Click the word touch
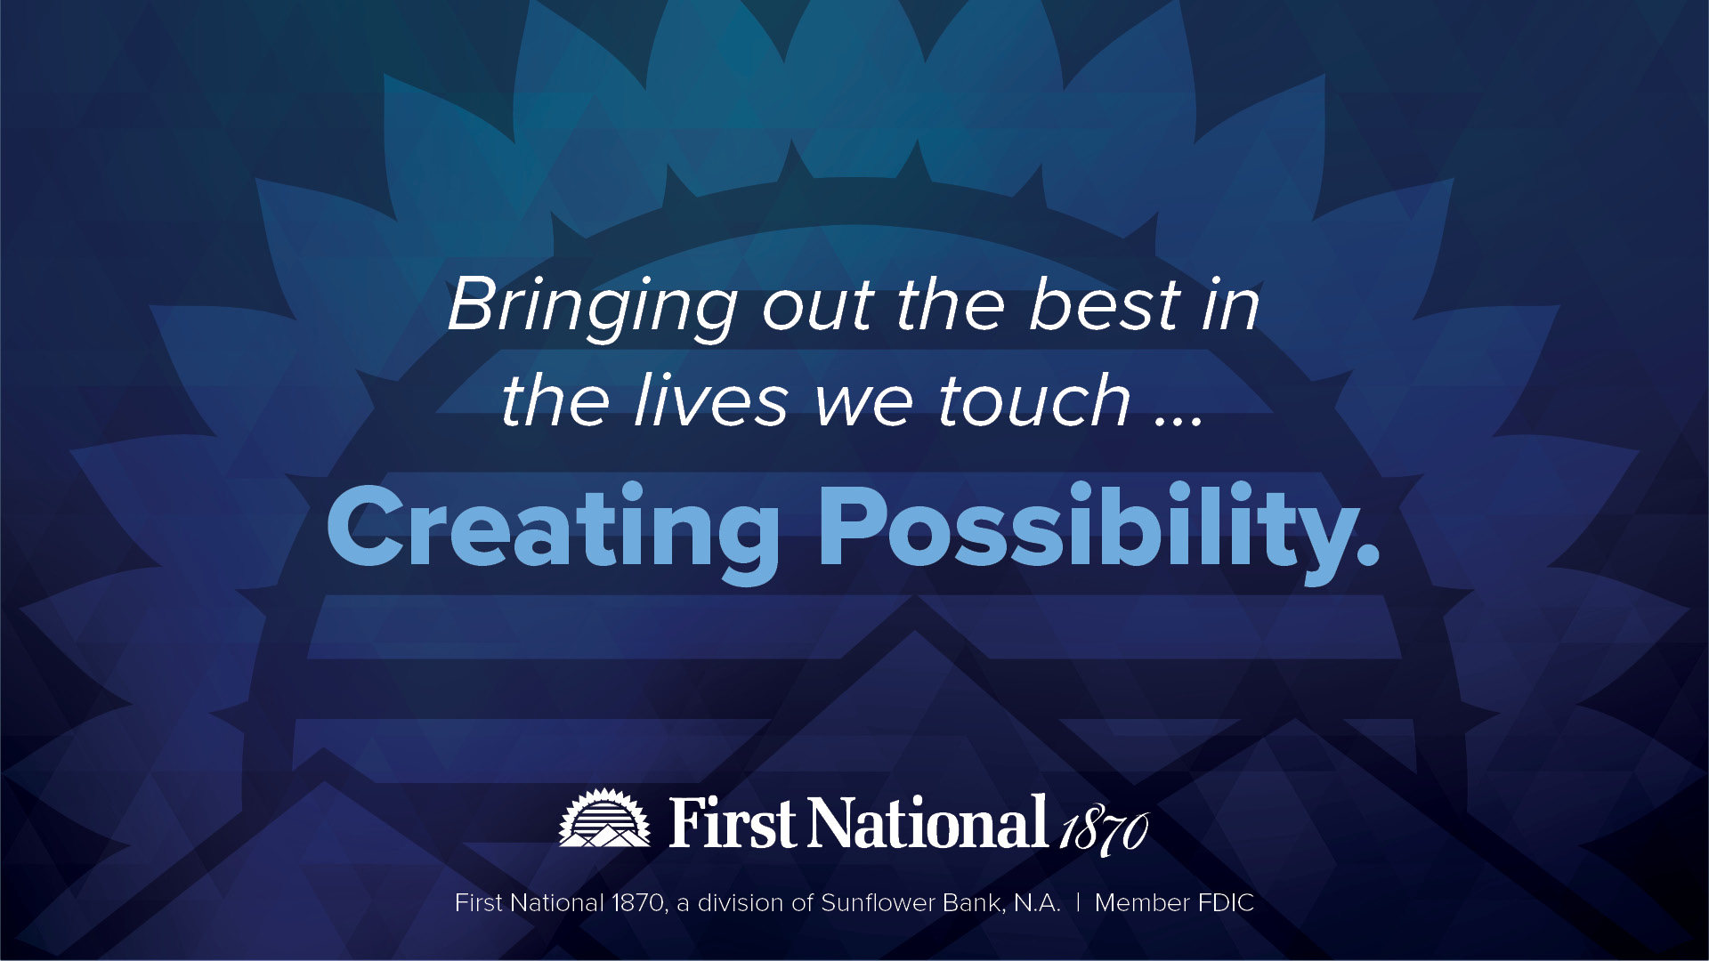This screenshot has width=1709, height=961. point(1034,400)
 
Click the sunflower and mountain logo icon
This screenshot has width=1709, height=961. point(605,818)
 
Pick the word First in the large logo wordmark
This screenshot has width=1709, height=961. point(733,822)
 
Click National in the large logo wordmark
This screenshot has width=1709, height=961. point(927,822)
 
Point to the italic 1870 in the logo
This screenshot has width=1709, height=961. point(1104,833)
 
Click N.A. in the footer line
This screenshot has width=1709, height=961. point(1038,904)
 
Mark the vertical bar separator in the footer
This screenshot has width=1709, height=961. point(1078,903)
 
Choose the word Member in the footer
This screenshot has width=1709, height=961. point(1142,903)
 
